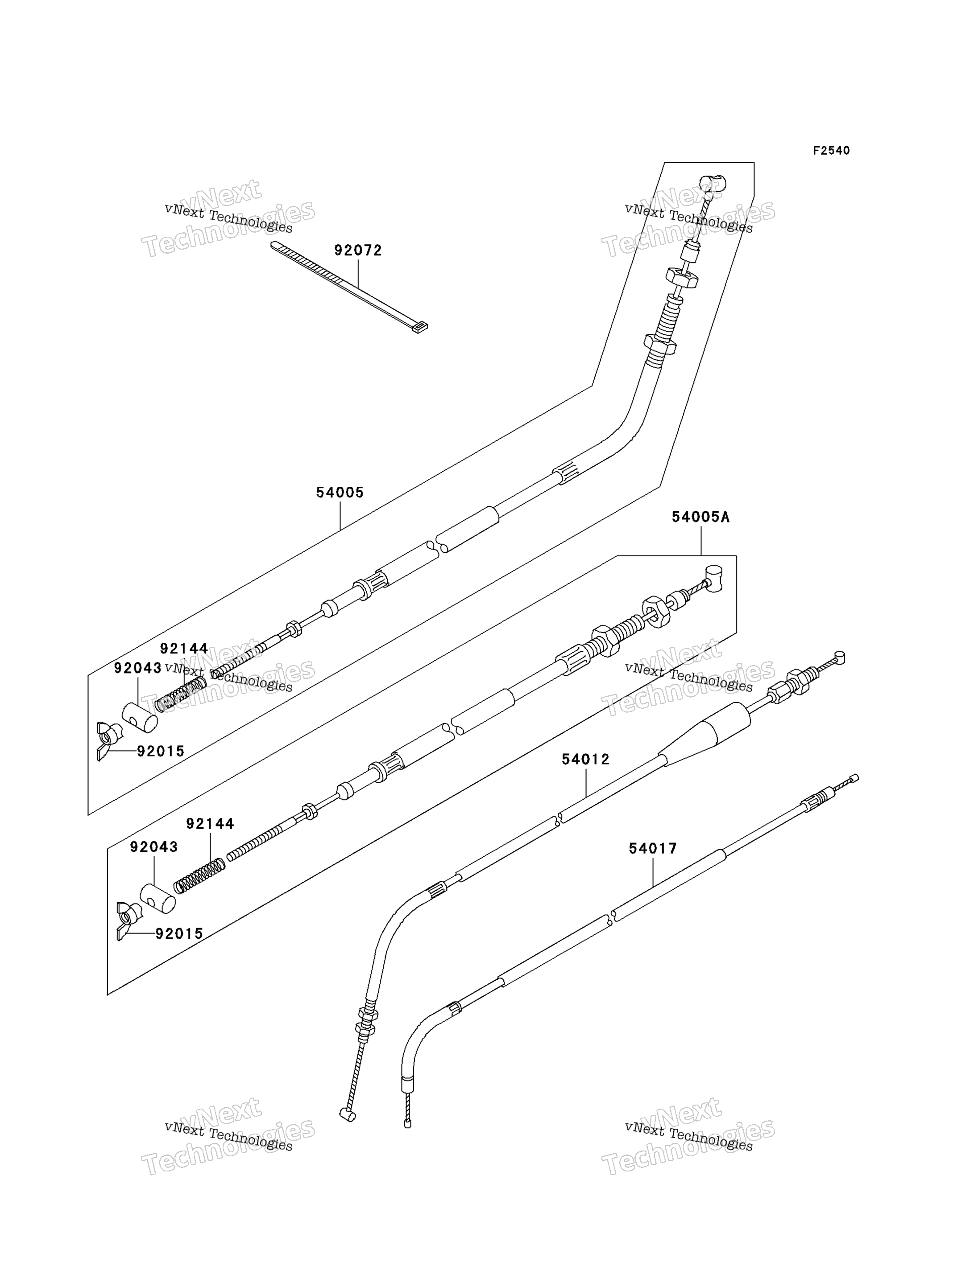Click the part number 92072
point(358,250)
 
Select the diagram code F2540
point(831,151)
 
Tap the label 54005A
point(700,517)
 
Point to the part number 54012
point(586,759)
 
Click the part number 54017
point(653,849)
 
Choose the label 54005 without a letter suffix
point(340,492)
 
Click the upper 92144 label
point(184,649)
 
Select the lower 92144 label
point(210,824)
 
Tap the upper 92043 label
point(138,668)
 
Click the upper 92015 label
point(161,752)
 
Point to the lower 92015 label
point(179,933)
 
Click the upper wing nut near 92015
point(108,740)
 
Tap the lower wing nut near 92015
point(128,920)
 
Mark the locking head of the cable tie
point(419,328)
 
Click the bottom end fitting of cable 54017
point(407,1124)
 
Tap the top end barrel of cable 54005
point(713,184)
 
